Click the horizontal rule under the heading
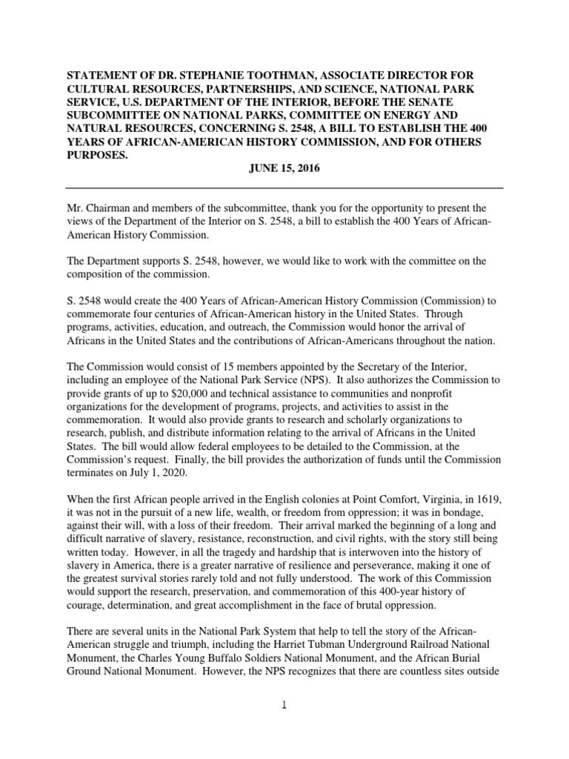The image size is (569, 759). pos(284,188)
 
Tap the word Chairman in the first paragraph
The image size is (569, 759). pos(113,208)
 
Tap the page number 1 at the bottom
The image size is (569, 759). pos(284,705)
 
